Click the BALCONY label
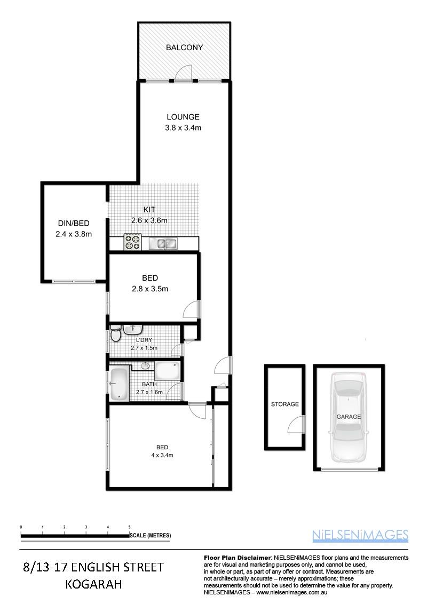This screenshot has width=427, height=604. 184,47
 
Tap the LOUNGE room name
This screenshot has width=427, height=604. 183,117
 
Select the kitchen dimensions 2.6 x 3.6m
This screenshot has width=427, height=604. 149,221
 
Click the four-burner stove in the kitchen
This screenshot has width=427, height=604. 132,242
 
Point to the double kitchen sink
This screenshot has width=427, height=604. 163,243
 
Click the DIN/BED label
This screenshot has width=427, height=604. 74,223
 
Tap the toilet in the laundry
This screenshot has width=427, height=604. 115,334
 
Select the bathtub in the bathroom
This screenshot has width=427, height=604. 119,384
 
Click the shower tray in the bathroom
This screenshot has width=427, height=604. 167,371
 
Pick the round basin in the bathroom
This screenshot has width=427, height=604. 145,365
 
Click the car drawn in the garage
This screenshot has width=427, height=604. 349,418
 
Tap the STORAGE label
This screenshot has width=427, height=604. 285,404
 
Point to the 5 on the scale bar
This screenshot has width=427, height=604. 129,527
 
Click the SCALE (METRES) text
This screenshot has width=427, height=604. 151,535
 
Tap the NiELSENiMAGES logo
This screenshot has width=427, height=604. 360,535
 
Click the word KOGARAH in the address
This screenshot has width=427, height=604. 93,584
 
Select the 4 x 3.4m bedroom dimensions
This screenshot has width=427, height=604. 162,455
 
